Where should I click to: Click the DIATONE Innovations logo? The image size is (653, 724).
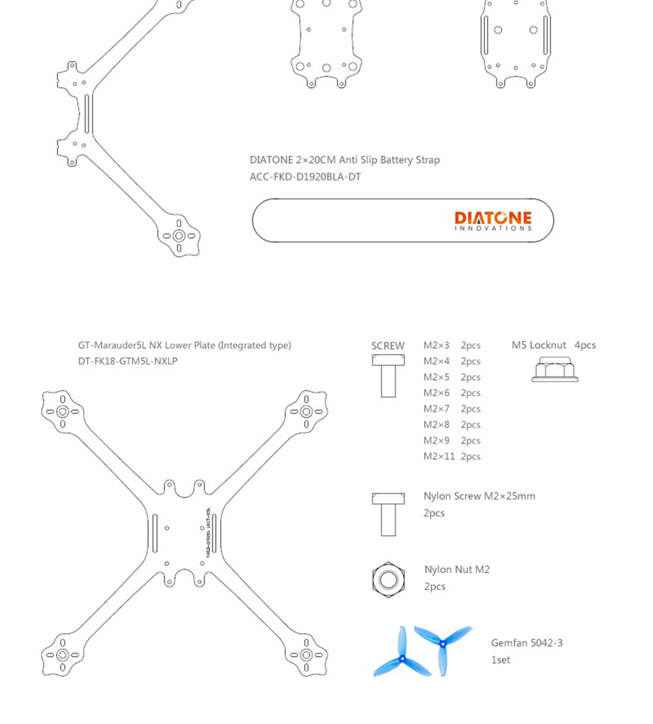493,221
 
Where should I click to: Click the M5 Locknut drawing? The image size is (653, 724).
554,370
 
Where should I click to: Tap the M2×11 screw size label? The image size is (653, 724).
438,456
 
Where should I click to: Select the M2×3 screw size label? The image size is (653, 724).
436,345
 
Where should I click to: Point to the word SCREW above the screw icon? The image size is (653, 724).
388,346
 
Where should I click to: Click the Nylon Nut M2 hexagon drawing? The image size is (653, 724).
388,578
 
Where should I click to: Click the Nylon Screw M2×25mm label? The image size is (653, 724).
479,496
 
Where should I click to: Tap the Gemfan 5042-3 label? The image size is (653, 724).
526,643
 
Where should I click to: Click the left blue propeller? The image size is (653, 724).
401,655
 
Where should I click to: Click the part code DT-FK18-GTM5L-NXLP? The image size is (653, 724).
127,361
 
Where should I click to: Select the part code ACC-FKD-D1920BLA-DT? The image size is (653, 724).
305,177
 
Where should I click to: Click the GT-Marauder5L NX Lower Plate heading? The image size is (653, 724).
184,345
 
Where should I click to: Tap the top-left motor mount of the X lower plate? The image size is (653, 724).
63,411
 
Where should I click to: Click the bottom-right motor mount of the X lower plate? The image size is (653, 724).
306,655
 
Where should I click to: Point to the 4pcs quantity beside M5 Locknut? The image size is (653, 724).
585,345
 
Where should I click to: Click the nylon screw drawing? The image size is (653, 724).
388,514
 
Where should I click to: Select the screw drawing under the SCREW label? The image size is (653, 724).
388,376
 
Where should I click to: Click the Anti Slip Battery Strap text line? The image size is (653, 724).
344,160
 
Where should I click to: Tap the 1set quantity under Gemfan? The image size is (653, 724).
500,660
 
